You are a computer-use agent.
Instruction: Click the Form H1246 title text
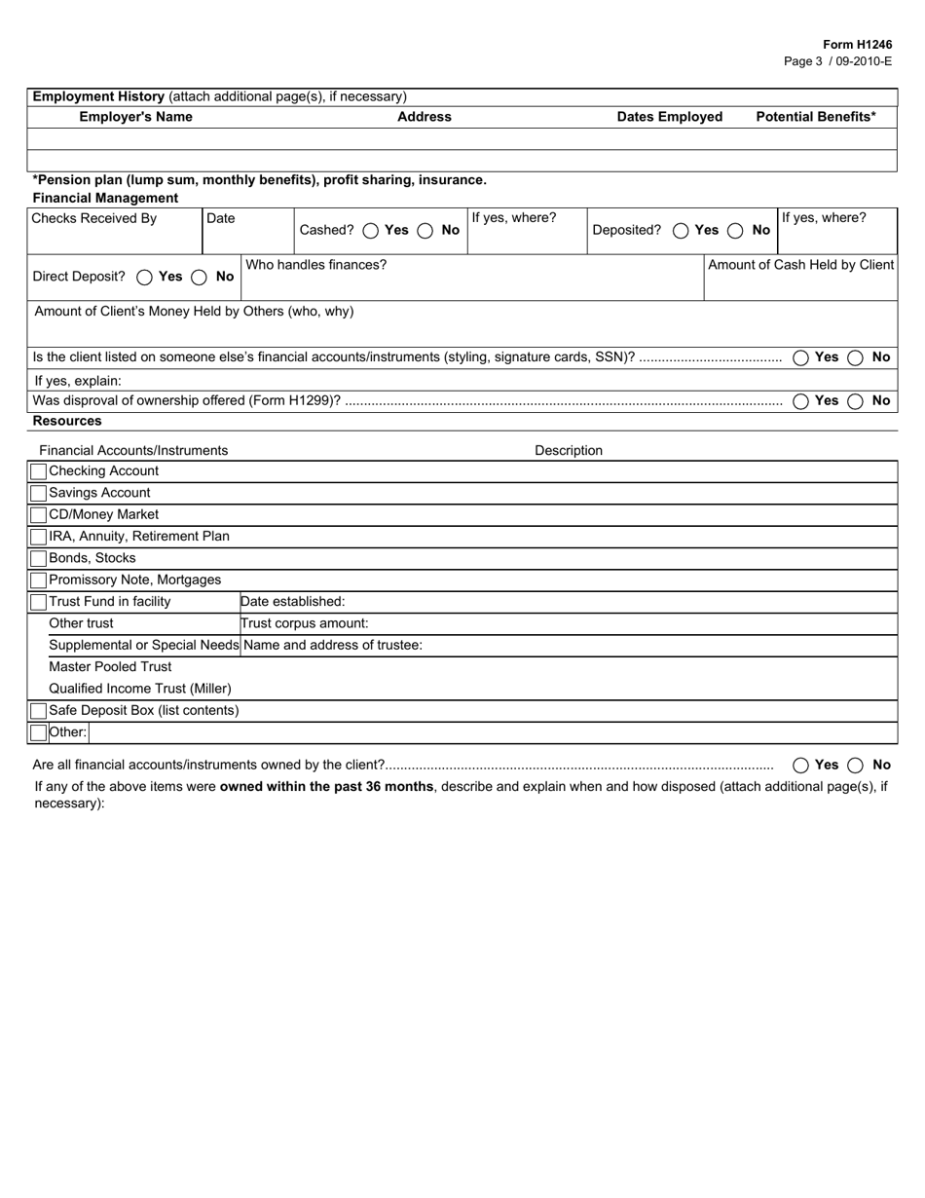(857, 45)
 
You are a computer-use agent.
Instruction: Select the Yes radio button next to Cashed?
(370, 231)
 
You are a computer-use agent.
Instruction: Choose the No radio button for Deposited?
(736, 231)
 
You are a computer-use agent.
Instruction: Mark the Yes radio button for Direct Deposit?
(144, 277)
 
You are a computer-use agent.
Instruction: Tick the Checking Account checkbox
(39, 471)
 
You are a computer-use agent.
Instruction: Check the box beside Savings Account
(39, 493)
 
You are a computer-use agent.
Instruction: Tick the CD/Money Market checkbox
(39, 514)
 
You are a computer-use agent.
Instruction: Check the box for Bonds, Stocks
(39, 558)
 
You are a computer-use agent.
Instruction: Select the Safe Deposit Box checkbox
(39, 711)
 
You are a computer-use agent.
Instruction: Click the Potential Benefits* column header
(816, 117)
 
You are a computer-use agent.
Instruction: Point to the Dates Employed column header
(670, 117)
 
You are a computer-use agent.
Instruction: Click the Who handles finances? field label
(315, 265)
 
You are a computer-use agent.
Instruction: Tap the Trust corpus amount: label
(305, 623)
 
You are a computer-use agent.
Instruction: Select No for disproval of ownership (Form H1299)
(855, 401)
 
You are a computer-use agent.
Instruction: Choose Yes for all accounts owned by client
(800, 766)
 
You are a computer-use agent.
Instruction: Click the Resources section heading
(67, 421)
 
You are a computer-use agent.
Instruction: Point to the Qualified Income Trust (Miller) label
(140, 689)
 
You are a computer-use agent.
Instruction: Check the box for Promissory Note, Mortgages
(39, 580)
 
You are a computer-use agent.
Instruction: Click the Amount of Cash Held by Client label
(800, 265)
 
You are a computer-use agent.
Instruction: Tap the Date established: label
(293, 602)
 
